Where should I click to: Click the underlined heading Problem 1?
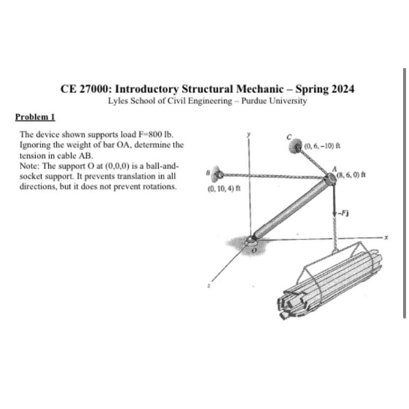tap(35, 117)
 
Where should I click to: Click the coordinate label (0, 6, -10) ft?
tap(320, 146)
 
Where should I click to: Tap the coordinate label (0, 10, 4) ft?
tap(221, 188)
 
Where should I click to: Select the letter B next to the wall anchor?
tap(208, 172)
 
